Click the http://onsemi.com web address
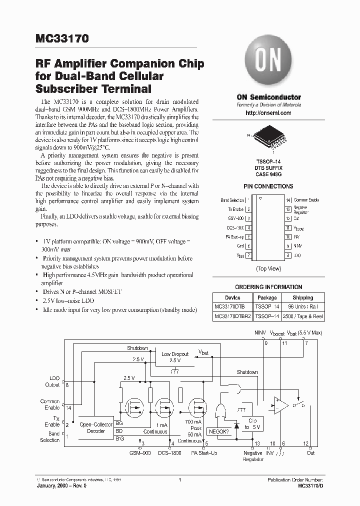tap(268, 113)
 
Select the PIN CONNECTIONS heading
tap(268, 186)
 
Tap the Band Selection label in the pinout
tap(232, 200)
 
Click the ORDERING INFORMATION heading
tap(268, 287)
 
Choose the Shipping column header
tap(303, 297)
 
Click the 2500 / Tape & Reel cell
tap(303, 316)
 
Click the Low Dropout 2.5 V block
tap(174, 357)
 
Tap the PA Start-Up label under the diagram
tap(205, 453)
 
